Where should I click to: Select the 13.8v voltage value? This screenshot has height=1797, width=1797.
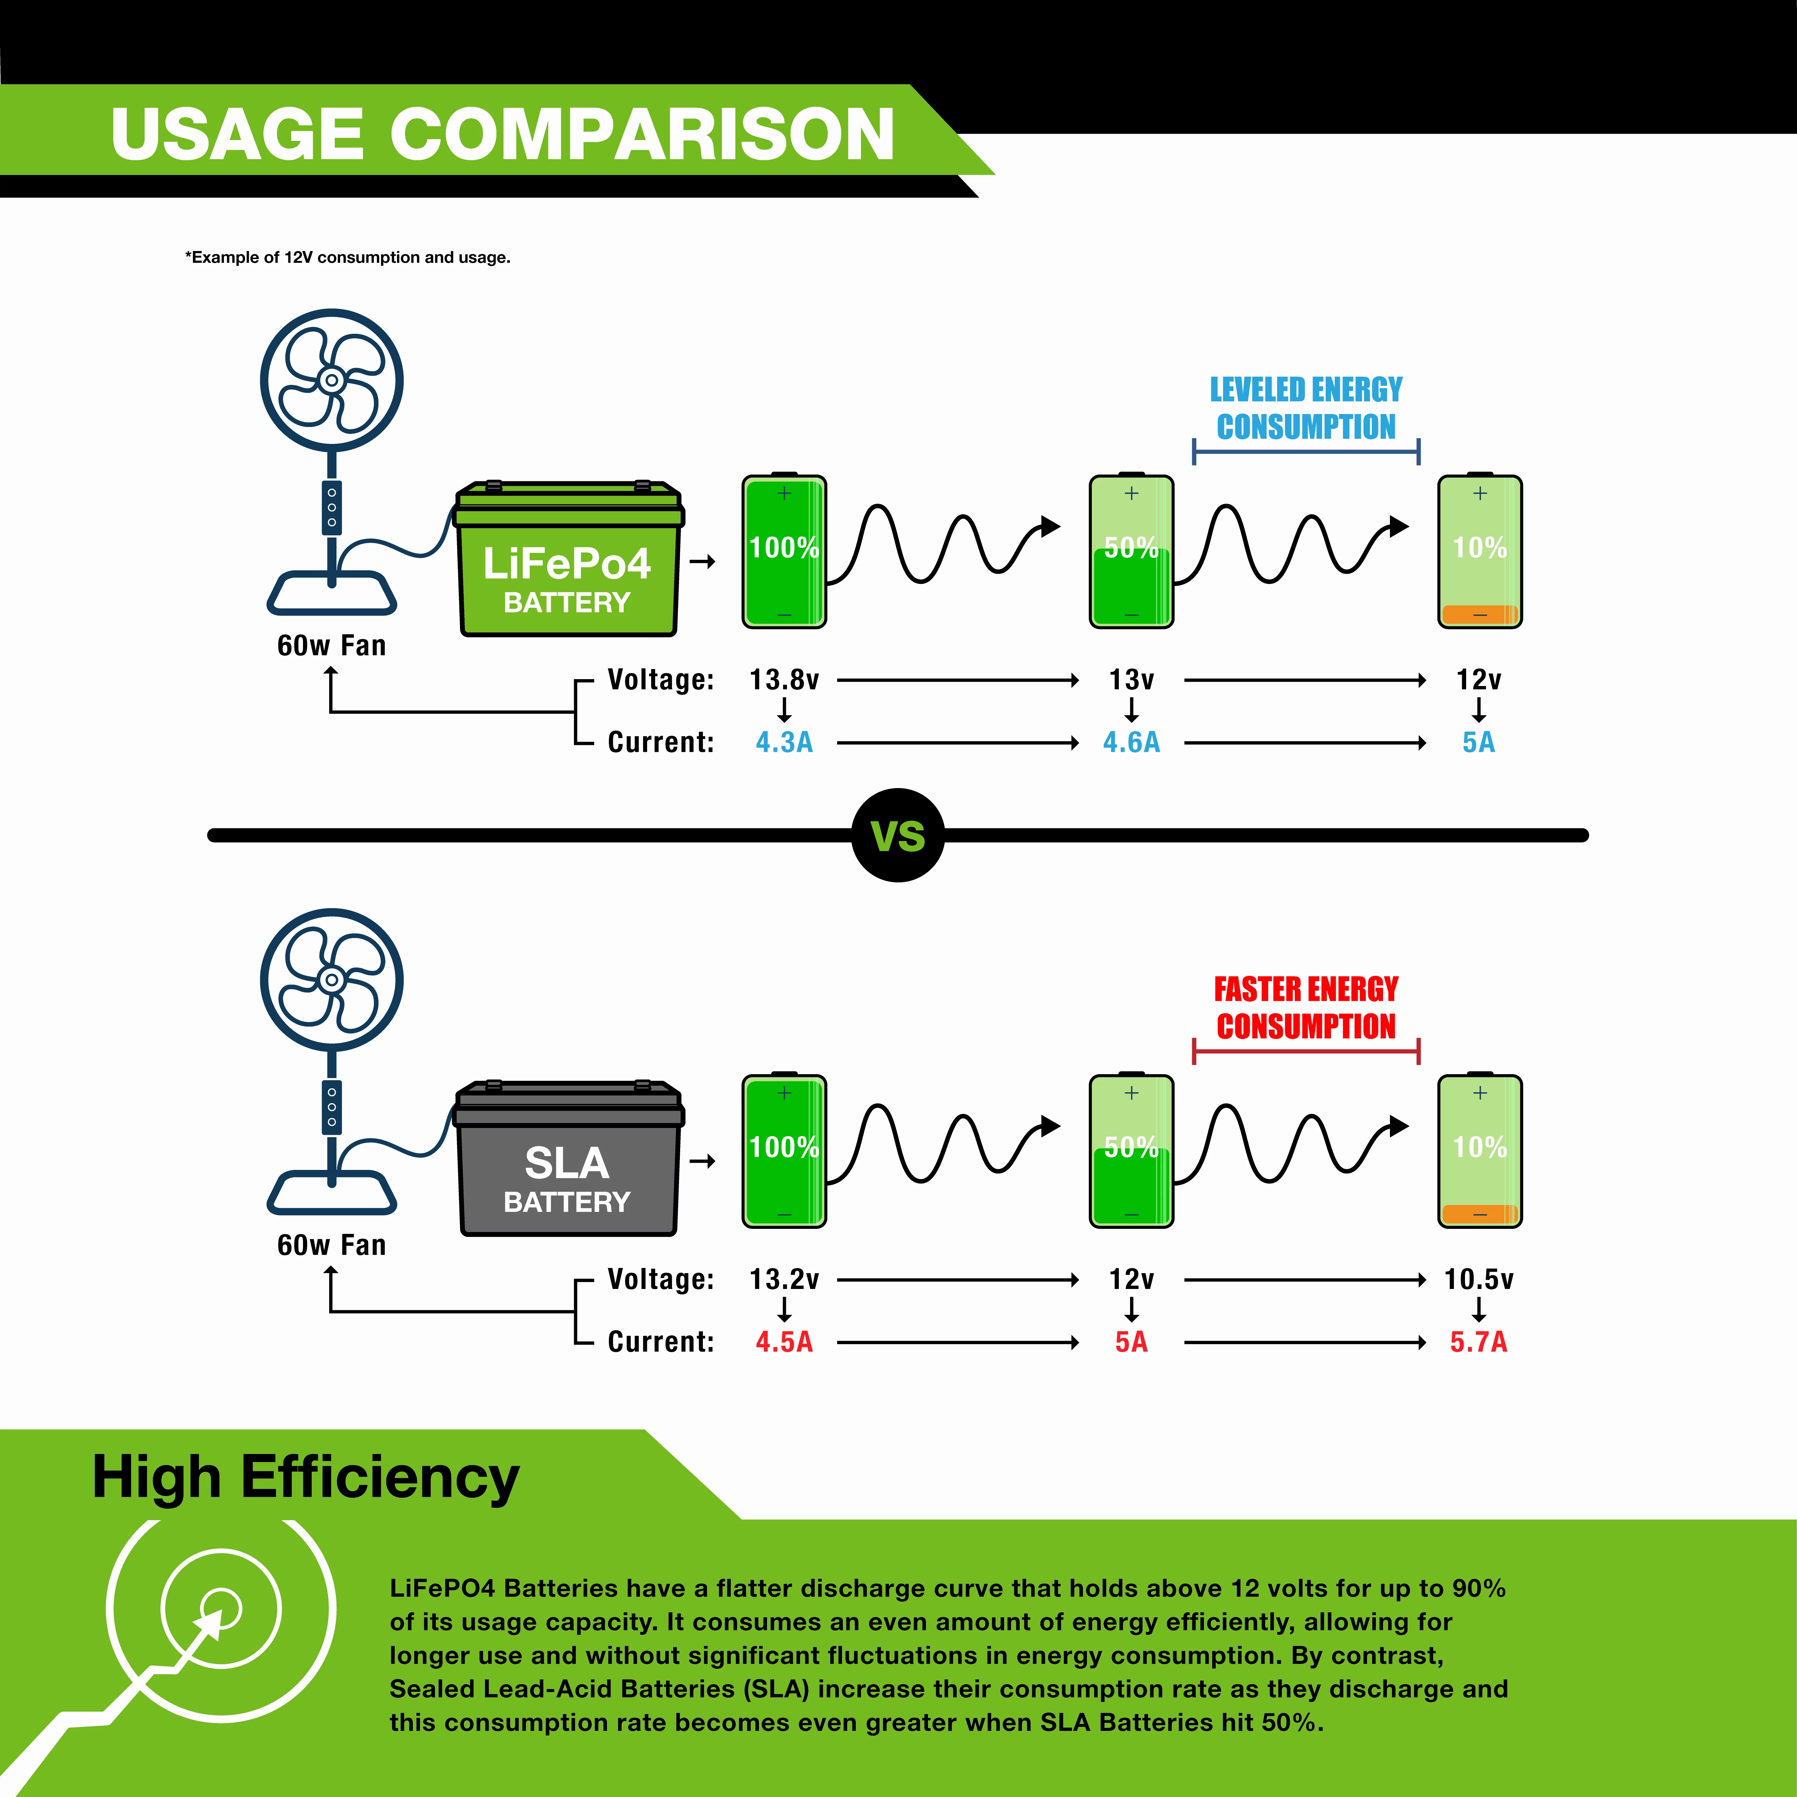click(784, 680)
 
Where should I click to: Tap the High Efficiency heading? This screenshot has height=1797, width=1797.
click(306, 1478)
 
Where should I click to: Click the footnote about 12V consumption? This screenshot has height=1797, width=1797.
click(348, 258)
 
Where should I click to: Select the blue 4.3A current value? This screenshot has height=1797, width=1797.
click(784, 742)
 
